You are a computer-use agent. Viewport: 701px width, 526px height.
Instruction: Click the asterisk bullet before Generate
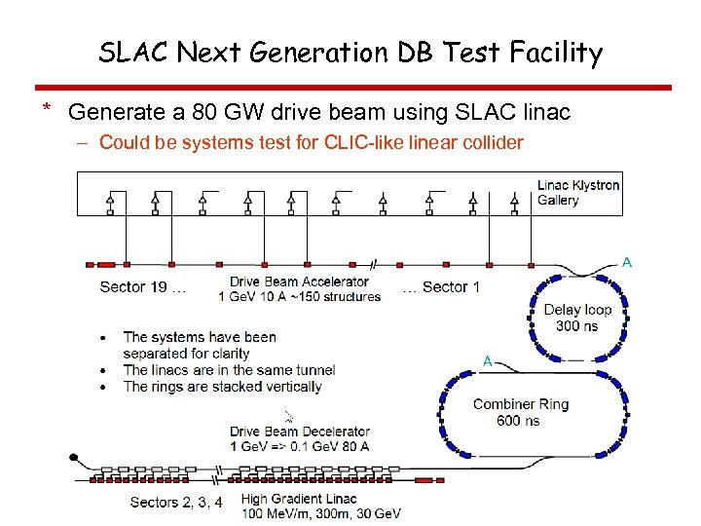tap(46, 109)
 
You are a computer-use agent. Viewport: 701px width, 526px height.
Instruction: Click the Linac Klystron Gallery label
tap(577, 192)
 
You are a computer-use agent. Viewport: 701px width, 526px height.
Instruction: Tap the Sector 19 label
tap(135, 286)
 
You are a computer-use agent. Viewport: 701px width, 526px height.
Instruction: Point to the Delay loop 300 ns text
tap(577, 318)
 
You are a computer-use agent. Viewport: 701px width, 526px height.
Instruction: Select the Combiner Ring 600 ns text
tap(520, 412)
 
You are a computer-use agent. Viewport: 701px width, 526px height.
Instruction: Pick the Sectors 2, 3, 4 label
tap(176, 503)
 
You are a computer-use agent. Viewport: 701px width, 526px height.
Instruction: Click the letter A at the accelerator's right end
tap(627, 261)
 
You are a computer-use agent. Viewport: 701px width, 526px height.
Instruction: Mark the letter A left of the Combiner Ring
tap(488, 360)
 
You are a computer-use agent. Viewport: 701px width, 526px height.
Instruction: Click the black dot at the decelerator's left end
tap(72, 457)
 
